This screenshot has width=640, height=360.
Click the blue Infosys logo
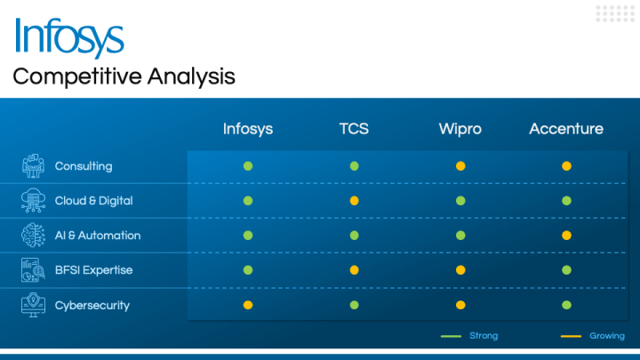69,37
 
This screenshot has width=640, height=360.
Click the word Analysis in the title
191,76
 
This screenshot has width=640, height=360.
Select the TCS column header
354,129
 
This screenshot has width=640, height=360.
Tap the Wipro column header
460,129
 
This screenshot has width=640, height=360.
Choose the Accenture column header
566,129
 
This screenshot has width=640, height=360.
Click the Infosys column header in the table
248,129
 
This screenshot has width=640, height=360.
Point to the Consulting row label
84,166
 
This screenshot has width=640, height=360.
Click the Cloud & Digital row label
94,201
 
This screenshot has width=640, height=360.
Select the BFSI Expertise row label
94,270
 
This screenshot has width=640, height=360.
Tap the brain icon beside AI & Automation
33,235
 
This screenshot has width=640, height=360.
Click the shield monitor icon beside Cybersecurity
33,305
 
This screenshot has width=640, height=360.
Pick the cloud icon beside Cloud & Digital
33,200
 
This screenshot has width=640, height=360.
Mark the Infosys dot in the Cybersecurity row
248,305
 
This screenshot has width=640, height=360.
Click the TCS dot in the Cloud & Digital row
355,201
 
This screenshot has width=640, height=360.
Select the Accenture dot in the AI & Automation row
566,236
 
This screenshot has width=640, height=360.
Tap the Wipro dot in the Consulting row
460,166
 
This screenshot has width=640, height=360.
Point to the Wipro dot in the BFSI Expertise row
460,270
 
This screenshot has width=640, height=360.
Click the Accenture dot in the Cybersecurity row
566,305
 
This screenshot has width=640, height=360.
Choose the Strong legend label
484,336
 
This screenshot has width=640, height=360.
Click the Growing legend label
607,336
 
